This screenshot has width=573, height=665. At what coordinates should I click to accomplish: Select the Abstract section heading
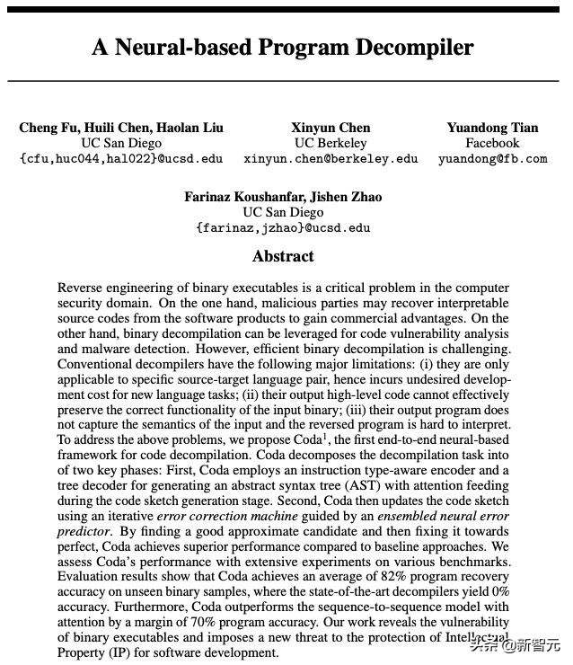(283, 256)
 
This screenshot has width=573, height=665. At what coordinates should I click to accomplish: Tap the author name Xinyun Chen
(331, 128)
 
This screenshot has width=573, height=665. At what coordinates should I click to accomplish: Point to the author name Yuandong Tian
(492, 128)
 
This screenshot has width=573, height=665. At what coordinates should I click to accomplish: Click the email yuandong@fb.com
(492, 159)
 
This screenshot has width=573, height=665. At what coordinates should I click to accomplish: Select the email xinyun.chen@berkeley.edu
(331, 159)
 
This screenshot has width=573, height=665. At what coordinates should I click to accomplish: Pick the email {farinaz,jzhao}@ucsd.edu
(283, 228)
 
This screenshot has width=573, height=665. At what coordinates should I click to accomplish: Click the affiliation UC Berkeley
(331, 143)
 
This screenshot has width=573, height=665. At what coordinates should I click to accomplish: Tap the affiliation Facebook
(492, 143)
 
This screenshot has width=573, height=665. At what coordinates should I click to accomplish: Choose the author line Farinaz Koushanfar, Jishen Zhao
(283, 197)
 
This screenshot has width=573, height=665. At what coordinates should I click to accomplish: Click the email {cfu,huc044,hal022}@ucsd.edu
(121, 159)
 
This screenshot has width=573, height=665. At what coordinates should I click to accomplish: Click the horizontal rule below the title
(283, 81)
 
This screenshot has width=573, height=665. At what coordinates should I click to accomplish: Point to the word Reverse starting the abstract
(81, 288)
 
